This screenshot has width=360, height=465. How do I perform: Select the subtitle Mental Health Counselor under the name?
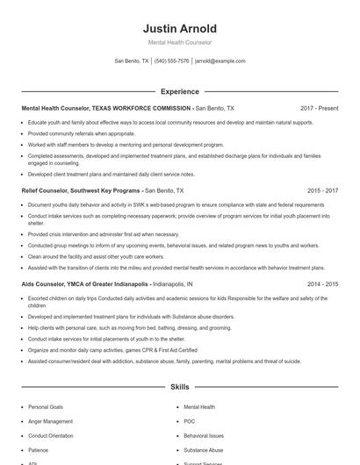point(179,42)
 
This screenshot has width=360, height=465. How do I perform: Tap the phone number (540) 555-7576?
point(172,61)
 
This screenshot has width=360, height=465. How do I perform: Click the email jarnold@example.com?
point(220,61)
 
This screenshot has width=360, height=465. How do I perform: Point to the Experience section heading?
point(179,91)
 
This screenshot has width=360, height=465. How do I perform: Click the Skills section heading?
point(179,386)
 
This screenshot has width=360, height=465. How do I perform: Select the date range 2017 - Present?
point(319,108)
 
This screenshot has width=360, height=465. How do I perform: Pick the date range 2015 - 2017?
point(320,190)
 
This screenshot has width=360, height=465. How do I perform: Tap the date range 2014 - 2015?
point(320,285)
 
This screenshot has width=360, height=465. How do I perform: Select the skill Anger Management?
point(50,421)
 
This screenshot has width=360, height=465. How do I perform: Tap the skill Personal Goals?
point(46,407)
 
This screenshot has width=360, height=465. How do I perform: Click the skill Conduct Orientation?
point(51,435)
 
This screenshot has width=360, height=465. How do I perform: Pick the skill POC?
point(190,421)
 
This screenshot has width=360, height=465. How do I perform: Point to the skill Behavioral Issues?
point(204,435)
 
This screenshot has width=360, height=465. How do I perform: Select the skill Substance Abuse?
point(204,450)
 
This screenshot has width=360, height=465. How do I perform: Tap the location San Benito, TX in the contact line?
point(132,61)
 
